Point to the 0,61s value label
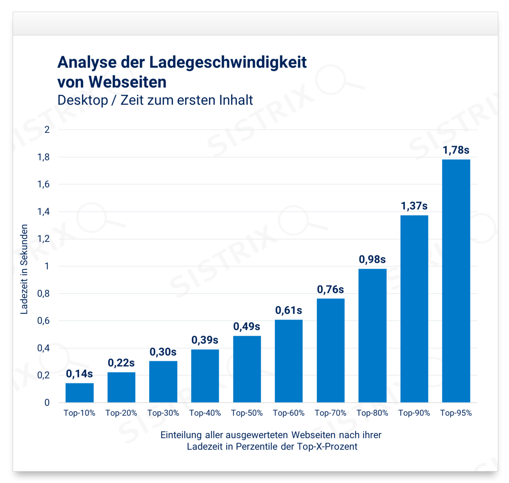tap(289, 310)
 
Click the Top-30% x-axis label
tap(163, 413)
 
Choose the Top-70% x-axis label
tap(330, 413)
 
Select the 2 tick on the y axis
tap(47, 130)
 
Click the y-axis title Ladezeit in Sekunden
tap(24, 269)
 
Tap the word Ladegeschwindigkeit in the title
tap(228, 62)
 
